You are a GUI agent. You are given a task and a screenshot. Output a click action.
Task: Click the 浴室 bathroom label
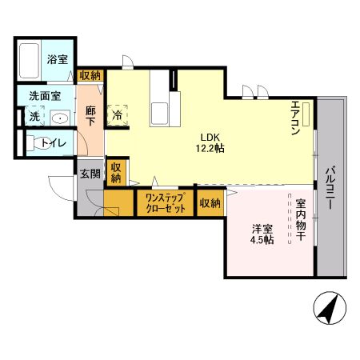pos(56,58)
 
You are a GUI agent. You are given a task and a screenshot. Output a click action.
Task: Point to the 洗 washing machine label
pos(34,117)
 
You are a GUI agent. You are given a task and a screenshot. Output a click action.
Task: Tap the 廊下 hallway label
pos(90,118)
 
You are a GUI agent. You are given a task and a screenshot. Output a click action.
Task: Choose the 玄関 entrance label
pos(88,174)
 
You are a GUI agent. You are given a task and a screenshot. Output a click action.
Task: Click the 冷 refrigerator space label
pos(117,114)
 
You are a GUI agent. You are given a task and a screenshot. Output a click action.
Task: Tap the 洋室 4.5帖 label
pos(260,234)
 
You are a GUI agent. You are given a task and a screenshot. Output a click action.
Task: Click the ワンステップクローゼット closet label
pos(165,202)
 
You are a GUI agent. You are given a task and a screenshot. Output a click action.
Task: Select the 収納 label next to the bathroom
pos(90,75)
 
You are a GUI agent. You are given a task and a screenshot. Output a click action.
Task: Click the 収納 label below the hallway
pos(117,173)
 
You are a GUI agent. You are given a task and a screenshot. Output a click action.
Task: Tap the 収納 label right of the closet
pos(210,203)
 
